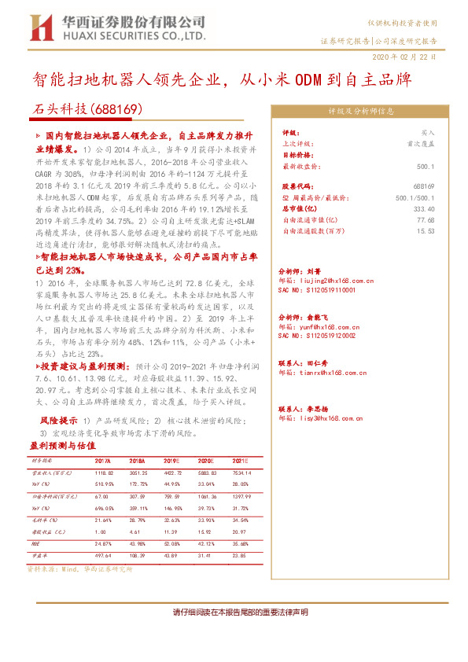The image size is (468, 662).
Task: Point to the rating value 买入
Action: click(x=428, y=134)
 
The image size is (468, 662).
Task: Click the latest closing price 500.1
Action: click(x=426, y=167)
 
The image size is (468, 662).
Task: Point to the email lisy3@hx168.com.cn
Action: click(x=326, y=418)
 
